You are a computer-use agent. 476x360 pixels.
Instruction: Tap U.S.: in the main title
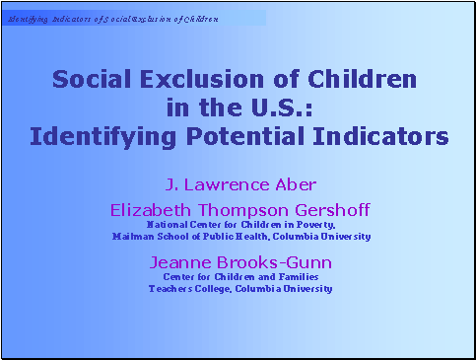pos(278,106)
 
